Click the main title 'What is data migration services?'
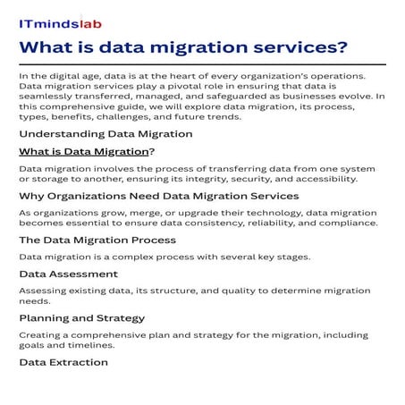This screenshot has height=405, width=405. (182, 47)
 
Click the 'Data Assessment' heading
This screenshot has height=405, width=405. (68, 274)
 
